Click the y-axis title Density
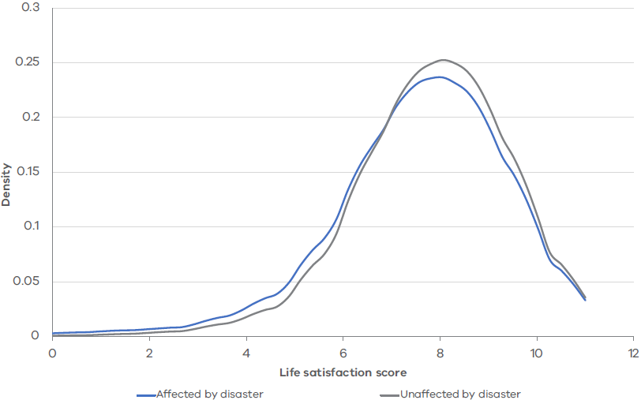click(6, 185)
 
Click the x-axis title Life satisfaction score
click(343, 372)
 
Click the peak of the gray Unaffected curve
click(443, 60)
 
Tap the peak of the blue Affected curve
click(440, 77)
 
